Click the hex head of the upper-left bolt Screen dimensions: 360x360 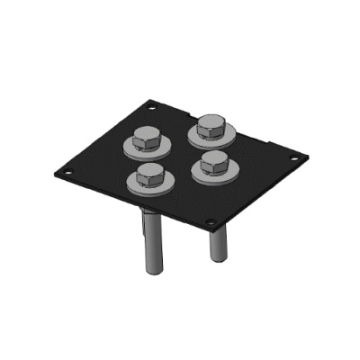[147, 138]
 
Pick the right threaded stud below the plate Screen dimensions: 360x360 [219, 238]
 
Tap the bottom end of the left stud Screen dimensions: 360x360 [151, 273]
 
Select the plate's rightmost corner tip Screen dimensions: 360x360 [304, 159]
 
